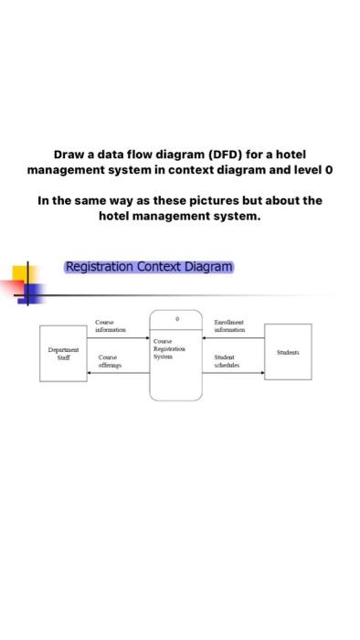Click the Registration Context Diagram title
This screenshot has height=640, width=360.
(x=149, y=267)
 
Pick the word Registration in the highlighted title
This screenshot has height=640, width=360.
(x=100, y=267)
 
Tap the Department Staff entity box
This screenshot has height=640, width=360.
(x=64, y=352)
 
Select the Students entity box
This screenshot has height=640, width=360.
(x=288, y=351)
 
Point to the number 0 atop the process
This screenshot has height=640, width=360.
(x=176, y=318)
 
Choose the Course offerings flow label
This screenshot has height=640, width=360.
(x=111, y=361)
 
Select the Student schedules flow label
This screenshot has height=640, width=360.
(x=227, y=361)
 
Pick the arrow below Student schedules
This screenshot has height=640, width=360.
(x=233, y=373)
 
